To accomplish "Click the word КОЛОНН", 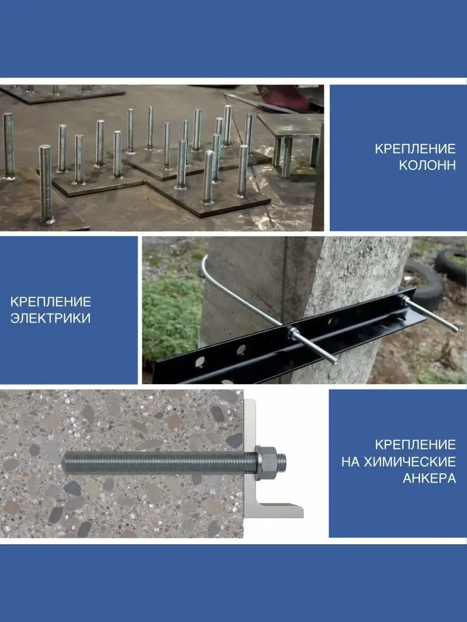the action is (427, 166).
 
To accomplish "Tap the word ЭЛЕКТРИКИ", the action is (51, 318).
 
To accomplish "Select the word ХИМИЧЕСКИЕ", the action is (410, 462).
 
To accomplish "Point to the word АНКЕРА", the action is (429, 478).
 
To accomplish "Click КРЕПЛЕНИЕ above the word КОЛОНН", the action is (415, 149).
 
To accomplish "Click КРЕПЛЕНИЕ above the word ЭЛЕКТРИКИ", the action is (51, 302).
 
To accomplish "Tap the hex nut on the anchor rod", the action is (267, 463).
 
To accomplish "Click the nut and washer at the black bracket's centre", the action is (294, 333).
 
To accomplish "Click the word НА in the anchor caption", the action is (350, 462).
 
